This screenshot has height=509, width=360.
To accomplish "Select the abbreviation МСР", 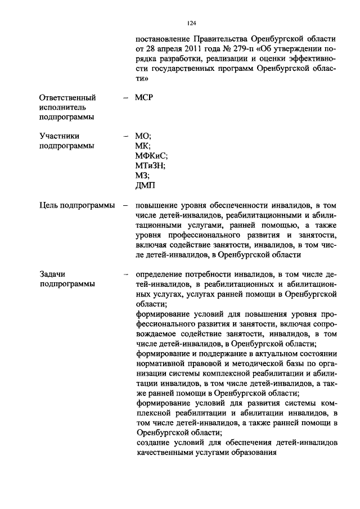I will (145, 97).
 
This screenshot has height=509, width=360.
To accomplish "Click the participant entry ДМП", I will (145, 186).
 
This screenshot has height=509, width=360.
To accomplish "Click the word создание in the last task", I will (154, 443).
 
